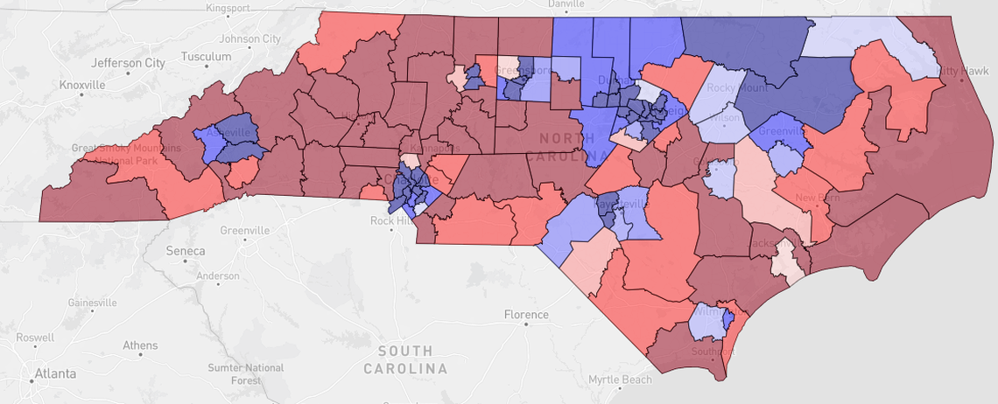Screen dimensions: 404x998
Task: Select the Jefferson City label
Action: (x=128, y=63)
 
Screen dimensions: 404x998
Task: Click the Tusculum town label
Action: (x=206, y=56)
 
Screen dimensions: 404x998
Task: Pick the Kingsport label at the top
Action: (x=227, y=8)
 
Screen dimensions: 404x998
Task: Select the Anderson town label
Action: (x=218, y=275)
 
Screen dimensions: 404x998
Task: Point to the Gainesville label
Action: (x=91, y=303)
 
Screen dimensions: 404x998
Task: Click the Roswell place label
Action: (x=34, y=337)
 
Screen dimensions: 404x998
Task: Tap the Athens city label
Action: (x=140, y=345)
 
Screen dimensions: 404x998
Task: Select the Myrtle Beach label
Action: (x=621, y=380)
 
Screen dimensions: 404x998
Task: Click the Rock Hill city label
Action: (x=394, y=220)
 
